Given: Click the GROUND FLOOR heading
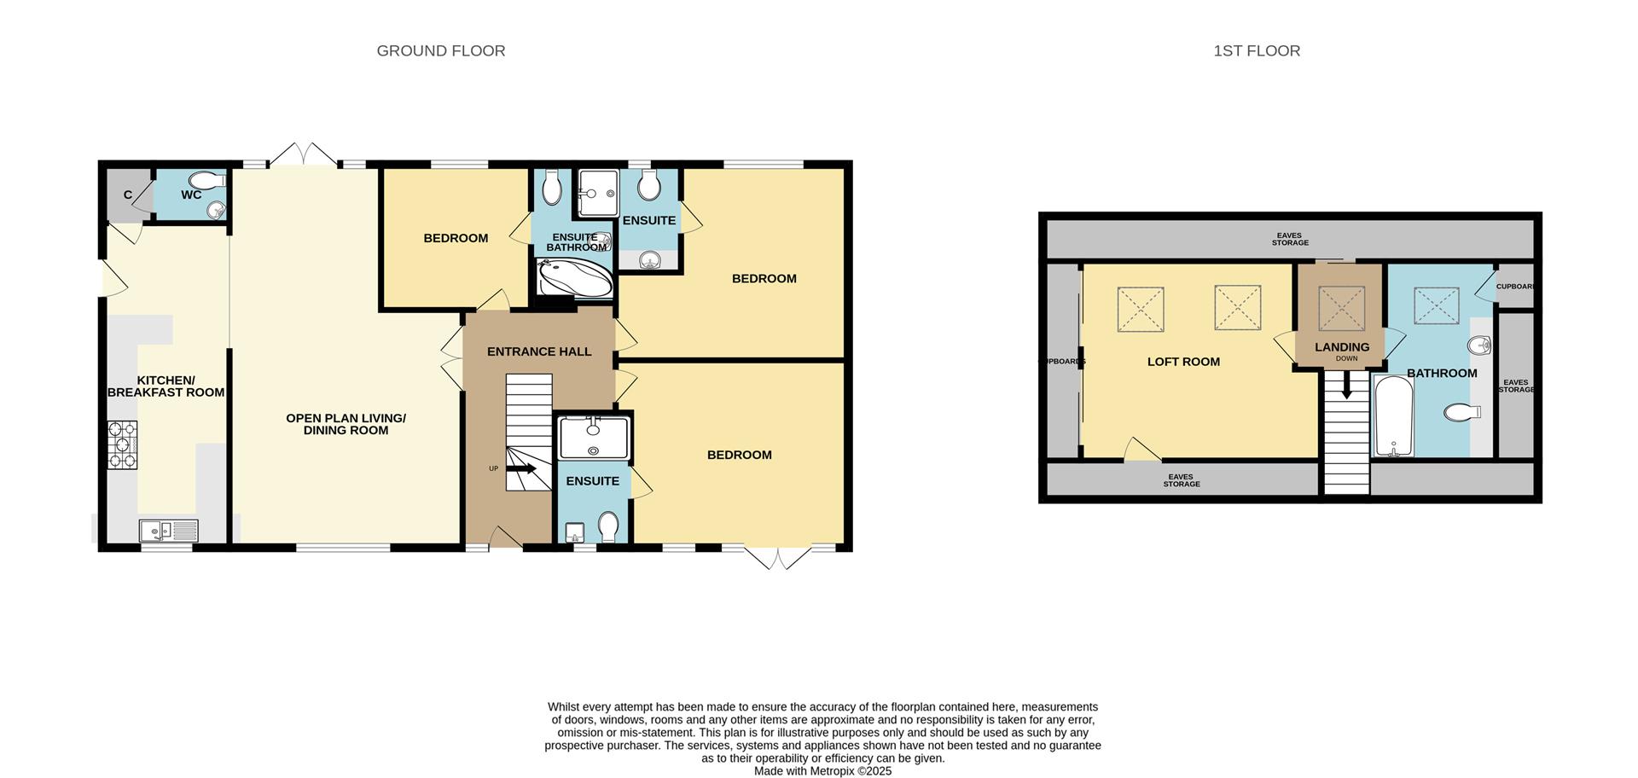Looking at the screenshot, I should coord(441,51).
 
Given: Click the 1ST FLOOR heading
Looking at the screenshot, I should coord(1257,51).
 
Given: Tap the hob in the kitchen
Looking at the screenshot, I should coord(122,444).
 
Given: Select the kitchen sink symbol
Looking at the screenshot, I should coord(168,531).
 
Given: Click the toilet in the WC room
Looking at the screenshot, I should coord(206,181).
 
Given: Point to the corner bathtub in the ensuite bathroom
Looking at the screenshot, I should coord(575,278).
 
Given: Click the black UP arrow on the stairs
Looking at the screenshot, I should coord(521,468).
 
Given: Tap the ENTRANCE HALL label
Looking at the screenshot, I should coord(539,351).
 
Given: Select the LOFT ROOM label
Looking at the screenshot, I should coord(1183,362).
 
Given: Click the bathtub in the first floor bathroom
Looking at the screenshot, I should coord(1393,416).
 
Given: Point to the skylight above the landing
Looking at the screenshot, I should coord(1342,308).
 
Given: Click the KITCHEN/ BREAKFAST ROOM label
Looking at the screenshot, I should coord(166,386).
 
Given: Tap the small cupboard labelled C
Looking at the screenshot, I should coord(128,195).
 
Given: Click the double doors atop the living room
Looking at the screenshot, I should coord(303,155).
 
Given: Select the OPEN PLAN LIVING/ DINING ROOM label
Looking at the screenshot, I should coord(346,424).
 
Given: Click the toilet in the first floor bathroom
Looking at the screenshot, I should coord(1462,413).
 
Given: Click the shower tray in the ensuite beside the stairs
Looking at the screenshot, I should coord(594,437).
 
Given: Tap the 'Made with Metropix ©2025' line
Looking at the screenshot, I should coord(822,771).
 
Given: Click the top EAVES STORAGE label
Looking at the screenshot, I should coord(1290,239).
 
